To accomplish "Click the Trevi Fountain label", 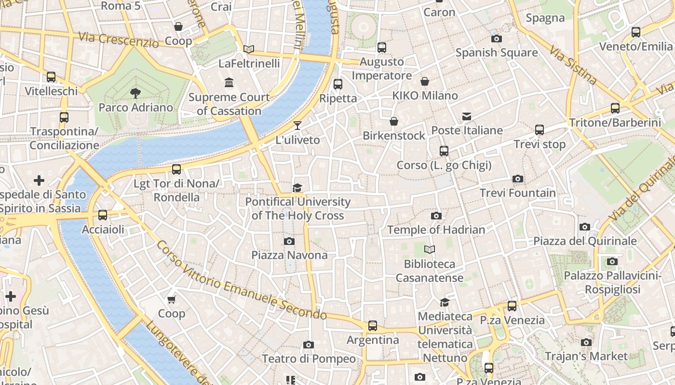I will click(x=517, y=193).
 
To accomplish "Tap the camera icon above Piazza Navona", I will click(x=289, y=241).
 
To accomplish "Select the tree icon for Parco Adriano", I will click(x=135, y=93).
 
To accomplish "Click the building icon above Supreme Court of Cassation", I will click(x=229, y=83).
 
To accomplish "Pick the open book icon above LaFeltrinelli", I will click(x=249, y=49).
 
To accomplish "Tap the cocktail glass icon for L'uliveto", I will click(x=297, y=126).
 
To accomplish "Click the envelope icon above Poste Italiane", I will click(x=467, y=116).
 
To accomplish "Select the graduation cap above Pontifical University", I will click(x=297, y=188).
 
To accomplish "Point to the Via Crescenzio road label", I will click(x=118, y=39).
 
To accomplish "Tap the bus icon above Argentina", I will click(x=373, y=326).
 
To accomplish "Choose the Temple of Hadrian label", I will click(x=436, y=230).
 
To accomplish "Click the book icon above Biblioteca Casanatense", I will click(x=429, y=249).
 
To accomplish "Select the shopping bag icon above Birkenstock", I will click(x=394, y=121).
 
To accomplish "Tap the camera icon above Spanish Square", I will click(x=496, y=38).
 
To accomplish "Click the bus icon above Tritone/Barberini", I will click(x=615, y=108).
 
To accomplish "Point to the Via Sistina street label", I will click(x=573, y=65).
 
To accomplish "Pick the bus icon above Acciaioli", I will click(x=103, y=215).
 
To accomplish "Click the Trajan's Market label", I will click(x=586, y=356).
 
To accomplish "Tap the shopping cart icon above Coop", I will click(x=171, y=299).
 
